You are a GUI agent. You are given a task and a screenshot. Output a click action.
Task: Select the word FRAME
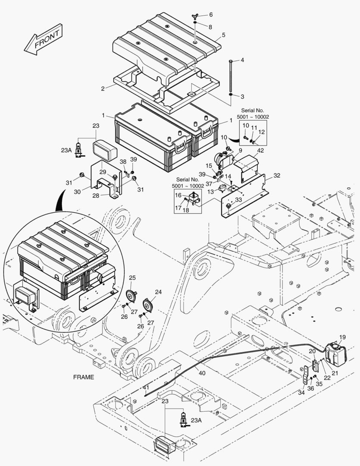point(83,377)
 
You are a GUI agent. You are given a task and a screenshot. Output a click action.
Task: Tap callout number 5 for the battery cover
point(223,35)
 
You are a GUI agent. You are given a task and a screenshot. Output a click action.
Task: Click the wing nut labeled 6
point(195,16)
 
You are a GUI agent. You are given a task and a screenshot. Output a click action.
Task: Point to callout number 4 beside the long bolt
point(242,60)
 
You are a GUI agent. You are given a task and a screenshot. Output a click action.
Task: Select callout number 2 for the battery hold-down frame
point(103,88)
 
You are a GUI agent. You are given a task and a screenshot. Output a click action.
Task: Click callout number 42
point(260,151)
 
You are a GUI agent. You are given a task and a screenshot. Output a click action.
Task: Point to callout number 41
point(146,388)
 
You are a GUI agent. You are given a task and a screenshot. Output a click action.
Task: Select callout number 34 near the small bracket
point(301,392)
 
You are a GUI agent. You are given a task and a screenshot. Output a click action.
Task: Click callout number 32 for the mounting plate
point(276,176)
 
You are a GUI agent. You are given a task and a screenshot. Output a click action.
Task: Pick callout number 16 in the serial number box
point(178,195)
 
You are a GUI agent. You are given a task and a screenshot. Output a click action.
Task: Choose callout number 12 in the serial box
point(261,132)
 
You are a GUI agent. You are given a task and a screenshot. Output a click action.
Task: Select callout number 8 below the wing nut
point(210,27)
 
